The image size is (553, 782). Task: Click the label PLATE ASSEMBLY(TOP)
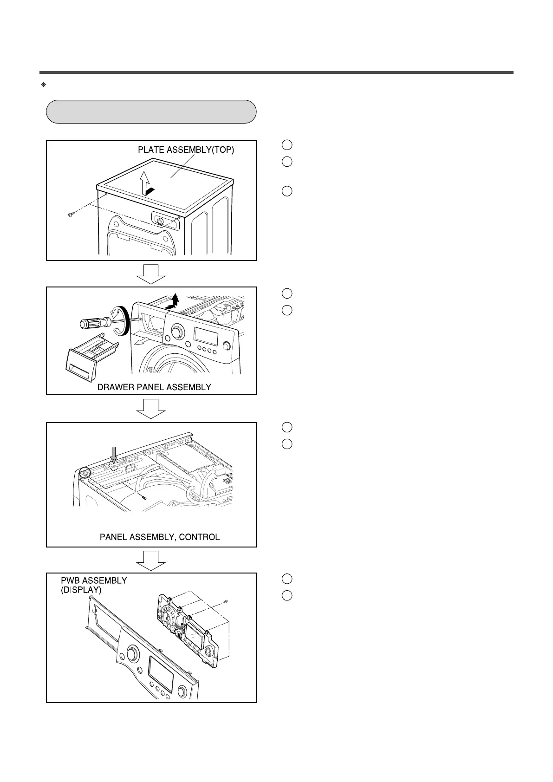[186, 150]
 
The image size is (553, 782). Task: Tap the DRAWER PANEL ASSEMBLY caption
[154, 387]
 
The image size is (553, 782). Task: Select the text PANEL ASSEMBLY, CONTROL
[160, 537]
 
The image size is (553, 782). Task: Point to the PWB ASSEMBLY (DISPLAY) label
[94, 585]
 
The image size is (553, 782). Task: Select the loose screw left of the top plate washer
[71, 215]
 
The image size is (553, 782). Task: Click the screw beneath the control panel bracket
[144, 497]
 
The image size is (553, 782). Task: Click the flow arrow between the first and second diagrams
[151, 274]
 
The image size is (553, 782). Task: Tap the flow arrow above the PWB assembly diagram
[151, 560]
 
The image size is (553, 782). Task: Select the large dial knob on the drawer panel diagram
[177, 332]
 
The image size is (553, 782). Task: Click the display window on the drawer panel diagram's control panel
[207, 336]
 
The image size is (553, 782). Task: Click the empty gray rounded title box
[151, 111]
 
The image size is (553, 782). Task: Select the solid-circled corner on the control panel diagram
[84, 473]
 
